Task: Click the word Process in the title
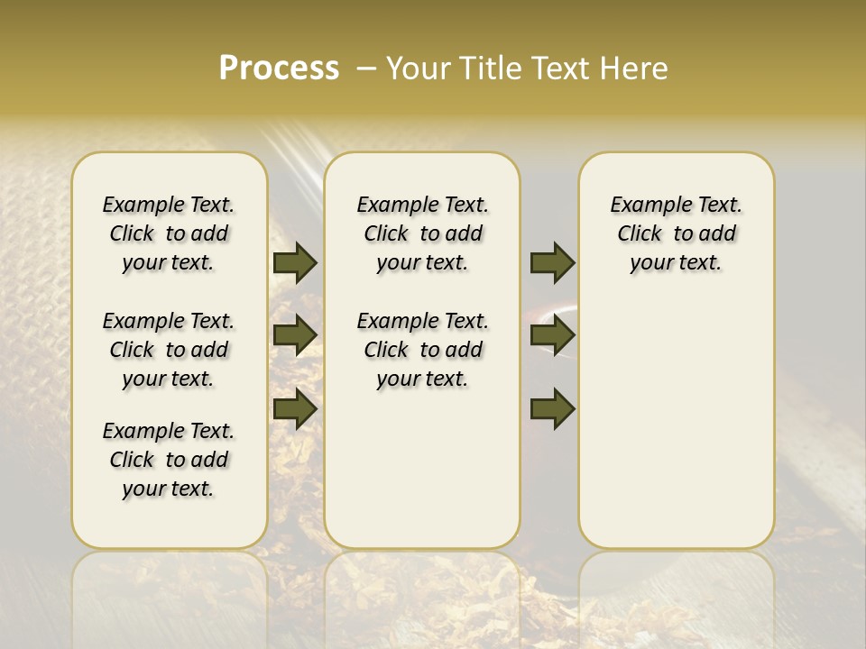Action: pyautogui.click(x=279, y=69)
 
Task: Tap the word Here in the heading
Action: pyautogui.click(x=635, y=69)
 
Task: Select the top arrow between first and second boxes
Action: pyautogui.click(x=295, y=262)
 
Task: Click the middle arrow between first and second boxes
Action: pyautogui.click(x=295, y=335)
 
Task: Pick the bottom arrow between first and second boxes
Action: pyautogui.click(x=295, y=408)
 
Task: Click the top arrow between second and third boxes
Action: pyautogui.click(x=552, y=262)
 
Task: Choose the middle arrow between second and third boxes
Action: pyautogui.click(x=552, y=335)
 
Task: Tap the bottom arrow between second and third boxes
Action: pyautogui.click(x=552, y=408)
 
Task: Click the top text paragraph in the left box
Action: pyautogui.click(x=169, y=233)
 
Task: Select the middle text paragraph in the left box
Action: pyautogui.click(x=169, y=350)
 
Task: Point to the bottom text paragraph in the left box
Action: pyautogui.click(x=169, y=460)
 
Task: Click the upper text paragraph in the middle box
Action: pyautogui.click(x=422, y=233)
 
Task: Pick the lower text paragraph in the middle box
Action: pyautogui.click(x=422, y=350)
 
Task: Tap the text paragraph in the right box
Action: pyautogui.click(x=677, y=233)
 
